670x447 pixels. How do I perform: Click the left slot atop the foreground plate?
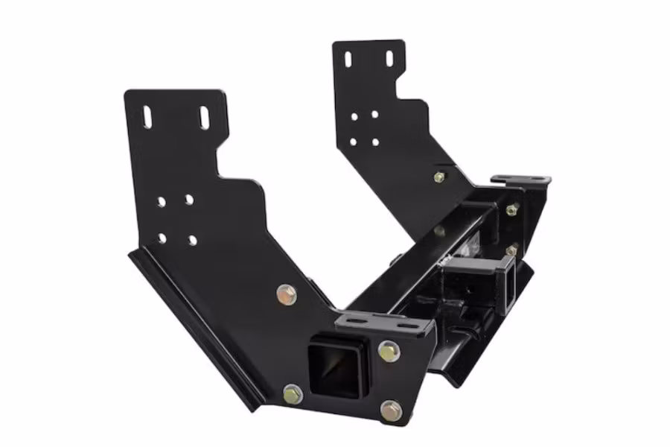[x=147, y=117]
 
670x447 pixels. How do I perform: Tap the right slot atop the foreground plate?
[x=204, y=118]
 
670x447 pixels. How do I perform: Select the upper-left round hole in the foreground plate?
[x=161, y=201]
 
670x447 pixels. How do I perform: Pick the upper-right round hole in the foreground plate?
[x=189, y=200]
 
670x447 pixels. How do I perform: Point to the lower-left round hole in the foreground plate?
[x=162, y=238]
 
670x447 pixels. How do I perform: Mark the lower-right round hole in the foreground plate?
[x=192, y=240]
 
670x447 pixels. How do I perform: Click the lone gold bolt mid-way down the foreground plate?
[x=286, y=294]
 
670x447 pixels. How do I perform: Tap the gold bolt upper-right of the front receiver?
[x=388, y=351]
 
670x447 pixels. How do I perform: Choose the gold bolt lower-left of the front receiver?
[x=293, y=393]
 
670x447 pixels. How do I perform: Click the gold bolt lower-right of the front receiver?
[x=391, y=409]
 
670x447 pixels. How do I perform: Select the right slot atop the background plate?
[x=389, y=58]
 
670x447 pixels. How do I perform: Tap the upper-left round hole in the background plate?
[x=354, y=115]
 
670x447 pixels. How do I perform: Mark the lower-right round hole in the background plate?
[x=375, y=141]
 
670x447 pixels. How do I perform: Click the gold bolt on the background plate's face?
[x=439, y=177]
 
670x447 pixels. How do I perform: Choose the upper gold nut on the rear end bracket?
[x=512, y=210]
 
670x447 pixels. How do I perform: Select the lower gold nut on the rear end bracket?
[x=511, y=251]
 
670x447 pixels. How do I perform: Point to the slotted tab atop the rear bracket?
[x=520, y=180]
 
